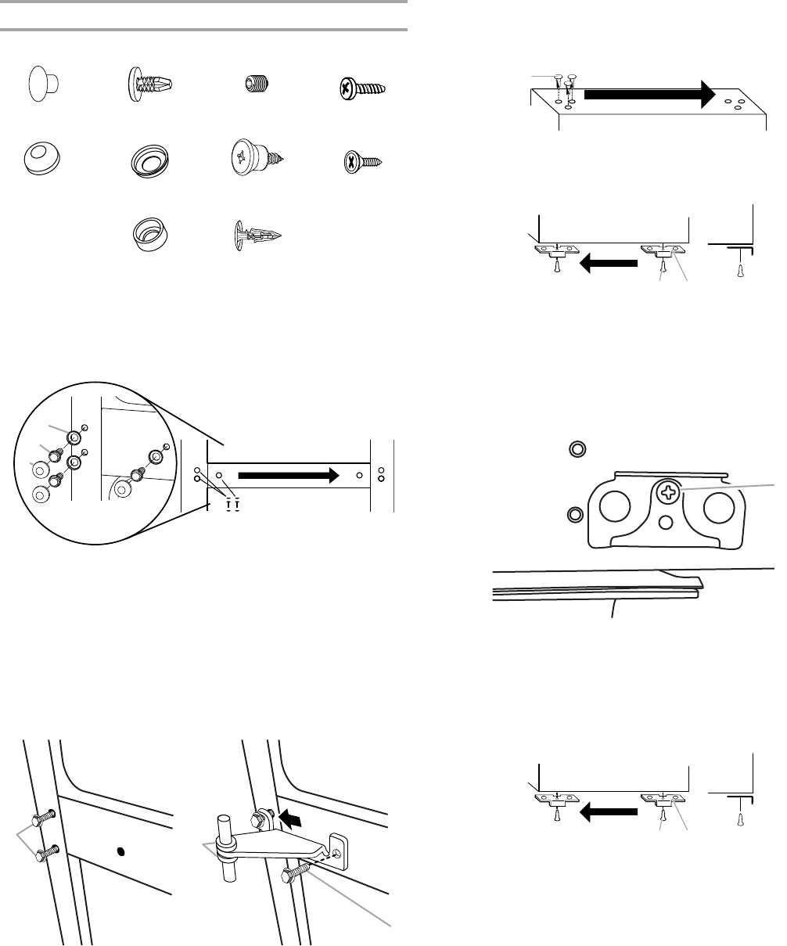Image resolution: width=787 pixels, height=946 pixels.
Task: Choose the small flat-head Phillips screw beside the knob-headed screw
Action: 362,163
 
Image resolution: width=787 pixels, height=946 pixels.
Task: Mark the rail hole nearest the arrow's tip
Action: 359,474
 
